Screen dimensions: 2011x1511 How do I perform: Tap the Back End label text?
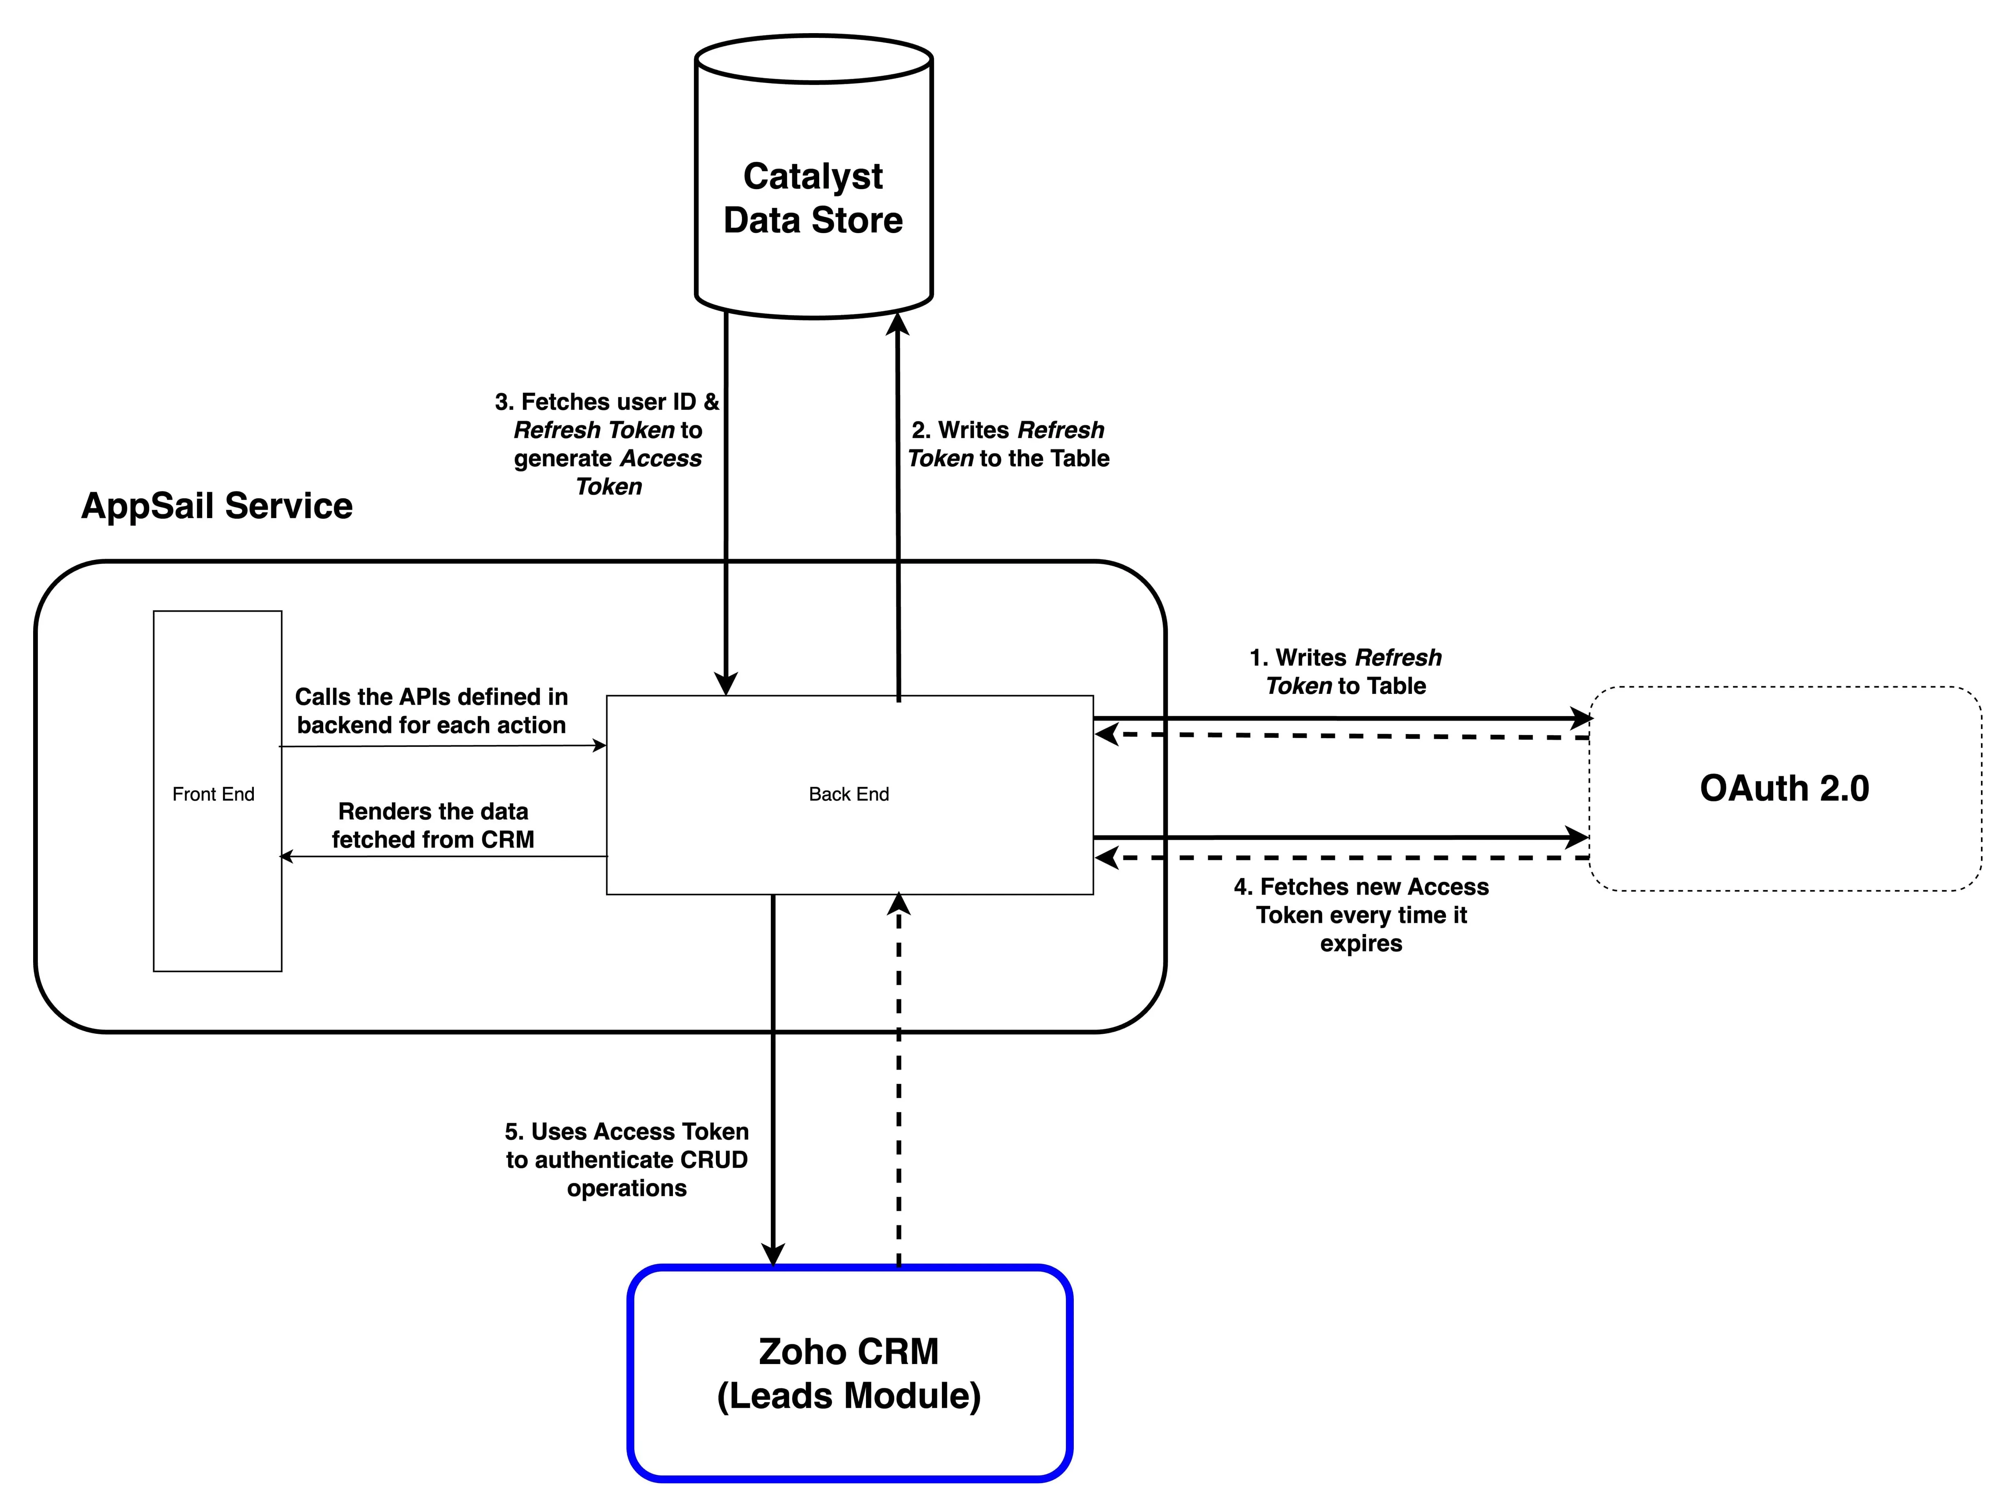[848, 794]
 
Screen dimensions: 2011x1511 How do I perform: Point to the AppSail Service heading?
[216, 506]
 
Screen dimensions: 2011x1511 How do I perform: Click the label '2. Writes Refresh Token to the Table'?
[1008, 444]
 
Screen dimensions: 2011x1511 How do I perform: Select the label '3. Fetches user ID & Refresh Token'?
[607, 444]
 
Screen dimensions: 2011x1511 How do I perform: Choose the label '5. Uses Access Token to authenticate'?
[627, 1159]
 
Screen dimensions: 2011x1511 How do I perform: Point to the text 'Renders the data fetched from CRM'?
[433, 825]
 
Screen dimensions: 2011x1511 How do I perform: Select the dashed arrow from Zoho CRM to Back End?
[898, 1079]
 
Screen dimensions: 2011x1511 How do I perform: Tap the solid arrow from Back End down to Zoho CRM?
[773, 1080]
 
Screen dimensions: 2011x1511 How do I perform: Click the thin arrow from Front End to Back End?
[443, 747]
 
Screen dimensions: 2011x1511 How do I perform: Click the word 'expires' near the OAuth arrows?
[1361, 944]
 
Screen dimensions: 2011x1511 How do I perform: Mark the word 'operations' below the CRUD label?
[627, 1188]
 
